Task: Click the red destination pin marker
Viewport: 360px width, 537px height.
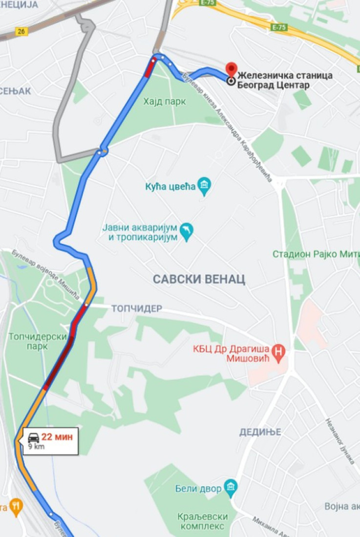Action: (231, 69)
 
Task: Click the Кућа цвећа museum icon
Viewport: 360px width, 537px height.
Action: (204, 186)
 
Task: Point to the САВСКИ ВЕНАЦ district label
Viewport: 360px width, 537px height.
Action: (199, 279)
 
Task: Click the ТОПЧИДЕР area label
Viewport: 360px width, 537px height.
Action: (136, 309)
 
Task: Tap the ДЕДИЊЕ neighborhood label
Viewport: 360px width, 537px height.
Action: (260, 432)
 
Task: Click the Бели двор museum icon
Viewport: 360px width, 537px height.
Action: (231, 486)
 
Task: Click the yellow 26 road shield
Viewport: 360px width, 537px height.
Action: (21, 31)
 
